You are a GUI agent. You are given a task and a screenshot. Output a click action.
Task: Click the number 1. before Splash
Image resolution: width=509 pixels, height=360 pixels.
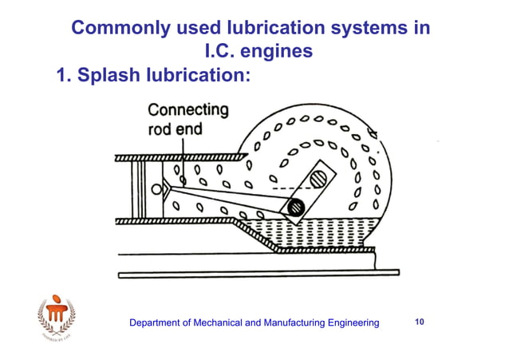point(64,77)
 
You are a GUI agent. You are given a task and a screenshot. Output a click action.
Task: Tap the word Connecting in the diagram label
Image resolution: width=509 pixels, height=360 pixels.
point(188,111)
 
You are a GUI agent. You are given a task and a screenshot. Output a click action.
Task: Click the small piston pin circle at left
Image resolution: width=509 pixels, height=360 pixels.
point(156,188)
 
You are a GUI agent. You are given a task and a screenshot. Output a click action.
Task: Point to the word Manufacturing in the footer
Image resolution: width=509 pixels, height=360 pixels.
point(302,322)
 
